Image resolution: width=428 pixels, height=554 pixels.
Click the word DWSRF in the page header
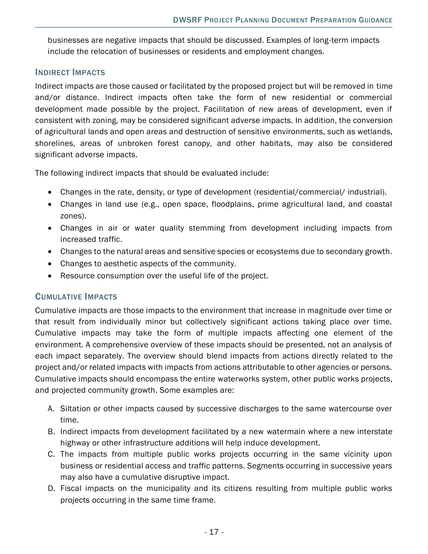187,20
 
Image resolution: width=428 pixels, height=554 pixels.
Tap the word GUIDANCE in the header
375,20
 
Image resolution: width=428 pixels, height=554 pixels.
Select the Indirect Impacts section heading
70,73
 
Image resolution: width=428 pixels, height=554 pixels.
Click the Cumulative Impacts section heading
76,297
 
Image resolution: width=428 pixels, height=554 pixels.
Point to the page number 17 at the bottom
214,532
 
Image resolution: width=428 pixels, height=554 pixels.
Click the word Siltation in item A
75,409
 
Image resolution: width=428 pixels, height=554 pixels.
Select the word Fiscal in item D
71,489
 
